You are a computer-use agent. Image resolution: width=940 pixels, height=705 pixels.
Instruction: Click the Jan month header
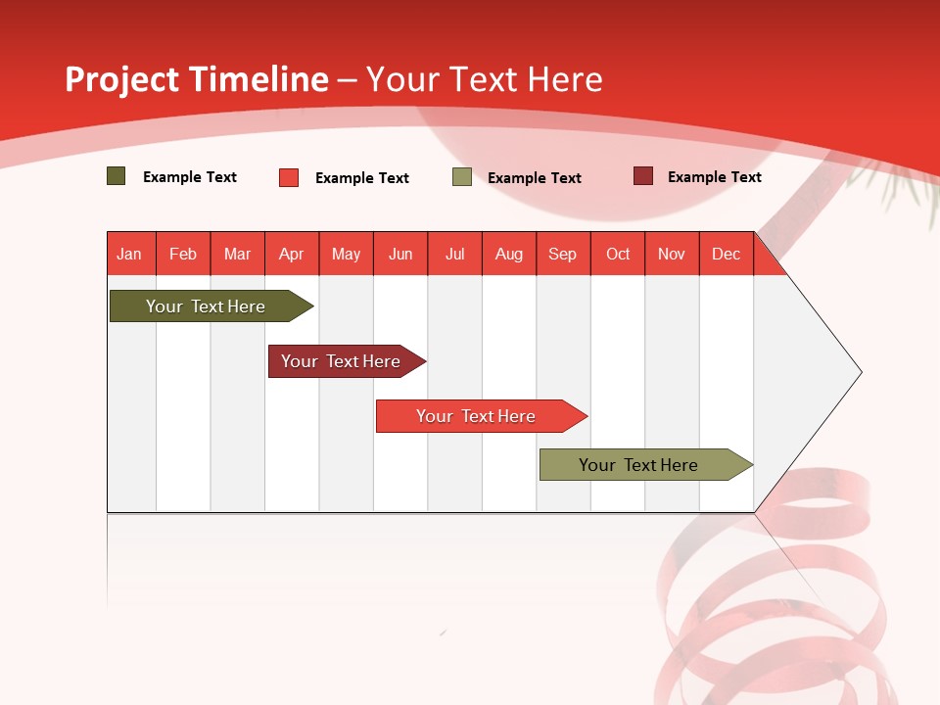[x=130, y=254]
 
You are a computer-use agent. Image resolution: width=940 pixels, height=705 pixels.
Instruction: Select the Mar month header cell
[x=237, y=254]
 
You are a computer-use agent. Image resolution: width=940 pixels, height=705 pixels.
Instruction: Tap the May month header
[x=346, y=254]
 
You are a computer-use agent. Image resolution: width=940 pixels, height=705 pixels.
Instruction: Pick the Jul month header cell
[x=454, y=254]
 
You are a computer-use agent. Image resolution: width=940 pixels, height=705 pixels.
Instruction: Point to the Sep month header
[x=562, y=254]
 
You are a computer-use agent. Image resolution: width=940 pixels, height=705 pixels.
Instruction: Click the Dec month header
[x=726, y=254]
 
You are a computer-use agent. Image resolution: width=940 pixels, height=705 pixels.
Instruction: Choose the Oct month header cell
[x=617, y=254]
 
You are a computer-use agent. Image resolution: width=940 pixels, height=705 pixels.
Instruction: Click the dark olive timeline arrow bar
[x=206, y=306]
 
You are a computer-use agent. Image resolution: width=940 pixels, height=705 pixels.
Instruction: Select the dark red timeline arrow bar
[x=342, y=361]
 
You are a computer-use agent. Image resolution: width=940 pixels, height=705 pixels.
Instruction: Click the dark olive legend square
[x=117, y=176]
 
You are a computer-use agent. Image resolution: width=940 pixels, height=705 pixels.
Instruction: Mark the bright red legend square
[x=289, y=177]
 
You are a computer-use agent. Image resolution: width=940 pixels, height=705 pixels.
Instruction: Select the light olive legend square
[x=462, y=177]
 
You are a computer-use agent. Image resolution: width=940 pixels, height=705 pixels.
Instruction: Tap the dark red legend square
[x=643, y=176]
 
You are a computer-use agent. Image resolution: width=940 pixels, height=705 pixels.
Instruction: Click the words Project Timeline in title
[x=196, y=79]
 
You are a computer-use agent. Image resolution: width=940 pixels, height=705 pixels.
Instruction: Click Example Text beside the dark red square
[x=714, y=177]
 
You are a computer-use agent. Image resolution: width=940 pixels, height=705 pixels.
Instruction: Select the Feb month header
[x=183, y=254]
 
